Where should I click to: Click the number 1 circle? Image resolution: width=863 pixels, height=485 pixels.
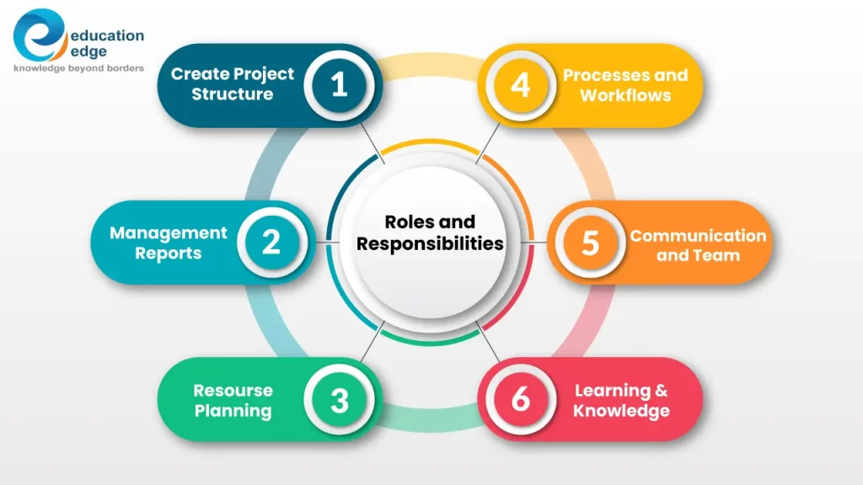339,85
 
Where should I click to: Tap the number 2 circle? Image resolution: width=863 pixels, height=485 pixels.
271,242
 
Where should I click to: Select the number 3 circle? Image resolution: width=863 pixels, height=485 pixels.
339,400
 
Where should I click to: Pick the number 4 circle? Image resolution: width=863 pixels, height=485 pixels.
521,85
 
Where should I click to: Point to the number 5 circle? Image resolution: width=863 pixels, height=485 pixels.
590,242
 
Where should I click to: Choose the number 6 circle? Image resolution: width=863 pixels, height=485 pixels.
521,400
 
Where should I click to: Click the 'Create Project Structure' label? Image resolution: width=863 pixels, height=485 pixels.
232,84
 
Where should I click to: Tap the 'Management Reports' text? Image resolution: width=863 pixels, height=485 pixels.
168,242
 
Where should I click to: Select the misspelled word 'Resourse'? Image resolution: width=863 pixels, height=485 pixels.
233,391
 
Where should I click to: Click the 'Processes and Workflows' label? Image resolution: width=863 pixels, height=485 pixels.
625,84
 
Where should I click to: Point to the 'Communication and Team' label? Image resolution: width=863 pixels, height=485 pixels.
698,245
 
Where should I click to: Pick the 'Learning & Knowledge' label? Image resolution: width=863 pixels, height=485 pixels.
621,401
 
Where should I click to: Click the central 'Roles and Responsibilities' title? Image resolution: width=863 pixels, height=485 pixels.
430,233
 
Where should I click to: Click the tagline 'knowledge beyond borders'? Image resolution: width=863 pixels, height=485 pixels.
78,68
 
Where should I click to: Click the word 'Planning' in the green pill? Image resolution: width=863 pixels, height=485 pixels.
233,411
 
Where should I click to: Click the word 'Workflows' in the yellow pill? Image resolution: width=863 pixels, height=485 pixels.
625,95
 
